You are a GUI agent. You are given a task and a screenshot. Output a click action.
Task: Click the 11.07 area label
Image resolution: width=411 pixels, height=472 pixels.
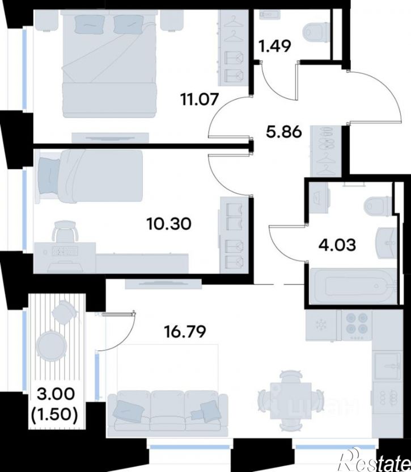pos(199,99)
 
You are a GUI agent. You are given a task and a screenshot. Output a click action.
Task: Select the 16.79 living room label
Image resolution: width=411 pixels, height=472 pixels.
pos(185,332)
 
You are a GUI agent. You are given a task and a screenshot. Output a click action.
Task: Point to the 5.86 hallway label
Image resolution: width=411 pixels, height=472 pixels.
pos(284,132)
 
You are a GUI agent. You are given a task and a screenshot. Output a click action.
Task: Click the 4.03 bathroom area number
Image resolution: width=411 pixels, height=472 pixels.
pos(337,245)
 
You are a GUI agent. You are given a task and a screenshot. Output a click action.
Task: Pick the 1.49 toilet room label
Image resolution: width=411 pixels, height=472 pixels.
pos(275,47)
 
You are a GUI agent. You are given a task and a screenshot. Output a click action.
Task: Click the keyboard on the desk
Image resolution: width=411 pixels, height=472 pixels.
pos(65,251)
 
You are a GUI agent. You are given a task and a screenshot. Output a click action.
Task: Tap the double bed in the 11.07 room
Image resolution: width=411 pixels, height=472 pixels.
pos(109,64)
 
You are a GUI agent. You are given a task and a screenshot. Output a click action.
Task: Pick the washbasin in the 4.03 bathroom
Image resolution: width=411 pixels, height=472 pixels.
pos(386,243)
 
